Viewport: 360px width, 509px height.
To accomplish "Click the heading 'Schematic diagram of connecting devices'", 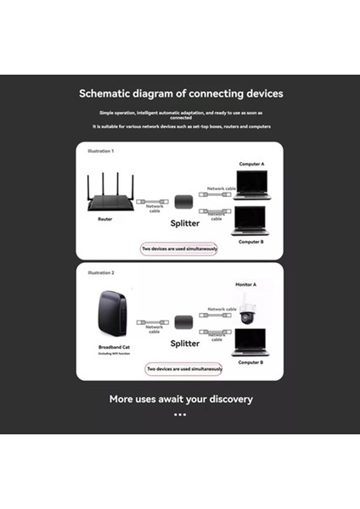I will (180, 93).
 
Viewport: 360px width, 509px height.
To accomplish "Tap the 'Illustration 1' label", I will (100, 151).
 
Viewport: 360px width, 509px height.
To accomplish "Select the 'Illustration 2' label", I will (100, 273).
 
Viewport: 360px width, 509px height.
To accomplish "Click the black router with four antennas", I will (110, 196).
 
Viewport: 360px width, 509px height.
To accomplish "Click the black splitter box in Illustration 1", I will (185, 202).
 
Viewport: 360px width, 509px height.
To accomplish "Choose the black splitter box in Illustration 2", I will (185, 322).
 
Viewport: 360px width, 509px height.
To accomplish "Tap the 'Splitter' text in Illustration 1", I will (185, 222).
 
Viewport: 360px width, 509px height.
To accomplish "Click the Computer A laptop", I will (251, 184).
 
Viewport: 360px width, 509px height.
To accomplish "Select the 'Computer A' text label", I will (251, 163).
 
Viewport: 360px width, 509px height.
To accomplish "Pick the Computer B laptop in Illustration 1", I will (251, 220).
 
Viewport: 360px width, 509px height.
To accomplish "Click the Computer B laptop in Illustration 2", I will (250, 342).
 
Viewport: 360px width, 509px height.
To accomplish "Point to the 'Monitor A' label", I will (247, 284).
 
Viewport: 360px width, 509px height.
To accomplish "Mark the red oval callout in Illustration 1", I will (180, 249).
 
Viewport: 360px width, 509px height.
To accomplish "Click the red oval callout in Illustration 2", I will (184, 370).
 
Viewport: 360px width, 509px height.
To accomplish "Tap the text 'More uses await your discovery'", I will (180, 399).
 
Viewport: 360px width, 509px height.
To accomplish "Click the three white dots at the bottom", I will (180, 415).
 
